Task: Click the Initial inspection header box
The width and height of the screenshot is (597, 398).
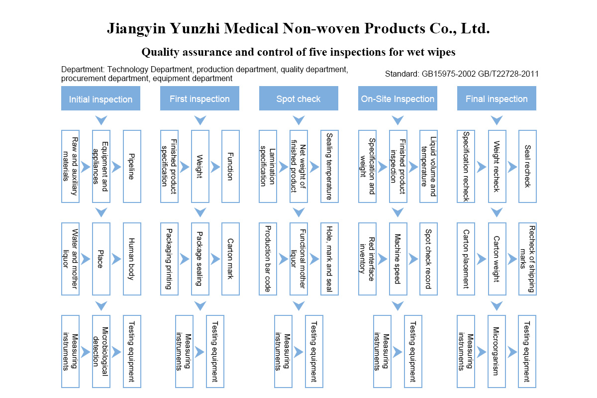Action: click(100, 99)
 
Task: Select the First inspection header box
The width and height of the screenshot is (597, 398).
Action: click(199, 99)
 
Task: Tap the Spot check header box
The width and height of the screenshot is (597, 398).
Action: click(298, 99)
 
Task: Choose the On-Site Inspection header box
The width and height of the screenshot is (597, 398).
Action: click(398, 99)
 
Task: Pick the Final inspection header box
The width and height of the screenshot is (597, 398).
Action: click(497, 99)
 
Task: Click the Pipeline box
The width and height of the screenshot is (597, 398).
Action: click(132, 166)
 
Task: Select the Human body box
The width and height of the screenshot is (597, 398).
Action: click(132, 259)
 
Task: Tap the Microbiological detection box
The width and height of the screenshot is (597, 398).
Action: click(101, 351)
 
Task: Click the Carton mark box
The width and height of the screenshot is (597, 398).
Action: click(230, 259)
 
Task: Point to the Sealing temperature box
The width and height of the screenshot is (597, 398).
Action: click(329, 166)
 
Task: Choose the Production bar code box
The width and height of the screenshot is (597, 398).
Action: click(268, 259)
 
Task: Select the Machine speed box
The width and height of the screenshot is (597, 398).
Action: click(398, 259)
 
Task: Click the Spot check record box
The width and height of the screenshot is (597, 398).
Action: click(428, 259)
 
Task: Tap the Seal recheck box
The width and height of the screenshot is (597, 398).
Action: click(527, 166)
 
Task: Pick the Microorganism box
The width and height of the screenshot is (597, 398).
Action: click(497, 351)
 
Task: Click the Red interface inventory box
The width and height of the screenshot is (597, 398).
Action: click(367, 259)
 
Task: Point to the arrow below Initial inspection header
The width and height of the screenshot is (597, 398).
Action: click(101, 120)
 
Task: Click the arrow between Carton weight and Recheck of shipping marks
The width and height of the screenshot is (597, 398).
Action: click(512, 259)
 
